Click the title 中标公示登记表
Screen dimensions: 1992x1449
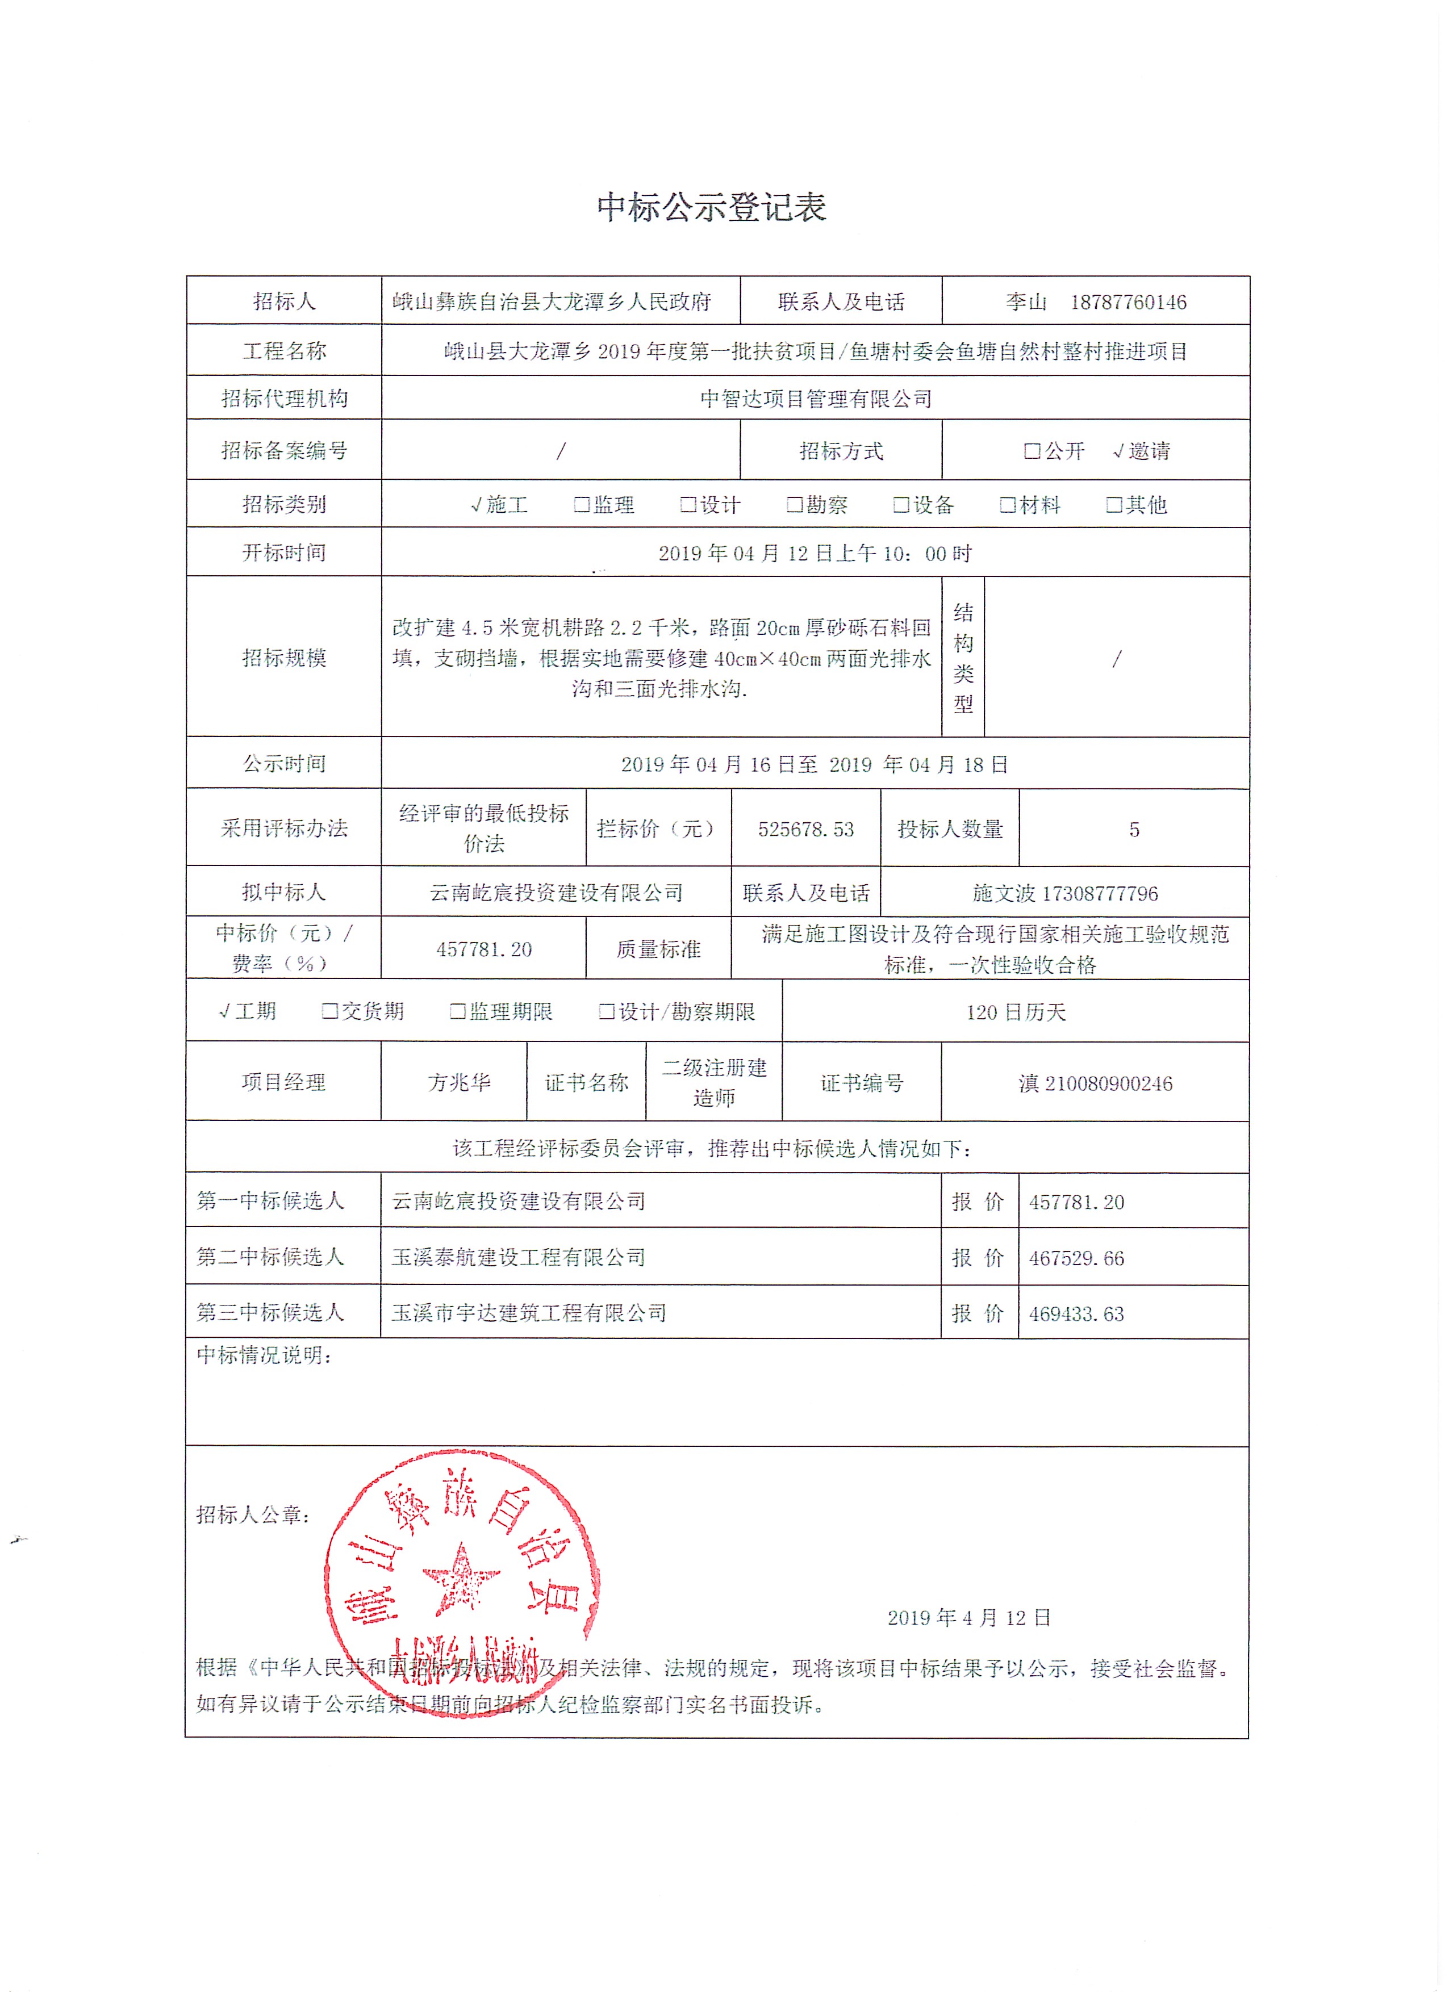[711, 207]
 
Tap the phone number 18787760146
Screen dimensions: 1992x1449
[1128, 302]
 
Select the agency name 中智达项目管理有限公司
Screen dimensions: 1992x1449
[816, 399]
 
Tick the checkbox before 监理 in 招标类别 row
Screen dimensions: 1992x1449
[581, 504]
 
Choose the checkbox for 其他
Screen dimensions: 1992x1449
[1113, 504]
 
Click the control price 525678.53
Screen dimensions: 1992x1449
[806, 829]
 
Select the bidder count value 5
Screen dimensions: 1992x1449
[1134, 829]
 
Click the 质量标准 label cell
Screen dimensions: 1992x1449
[658, 948]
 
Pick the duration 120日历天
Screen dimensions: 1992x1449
[1016, 1012]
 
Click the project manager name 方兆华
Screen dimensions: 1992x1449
[459, 1082]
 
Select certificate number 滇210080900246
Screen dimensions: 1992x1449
[1095, 1083]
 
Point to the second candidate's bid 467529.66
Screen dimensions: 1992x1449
[1076, 1258]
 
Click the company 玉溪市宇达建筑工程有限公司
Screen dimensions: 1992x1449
[529, 1313]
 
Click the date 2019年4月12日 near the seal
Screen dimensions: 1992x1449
[968, 1618]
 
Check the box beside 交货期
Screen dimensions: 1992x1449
[329, 1011]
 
